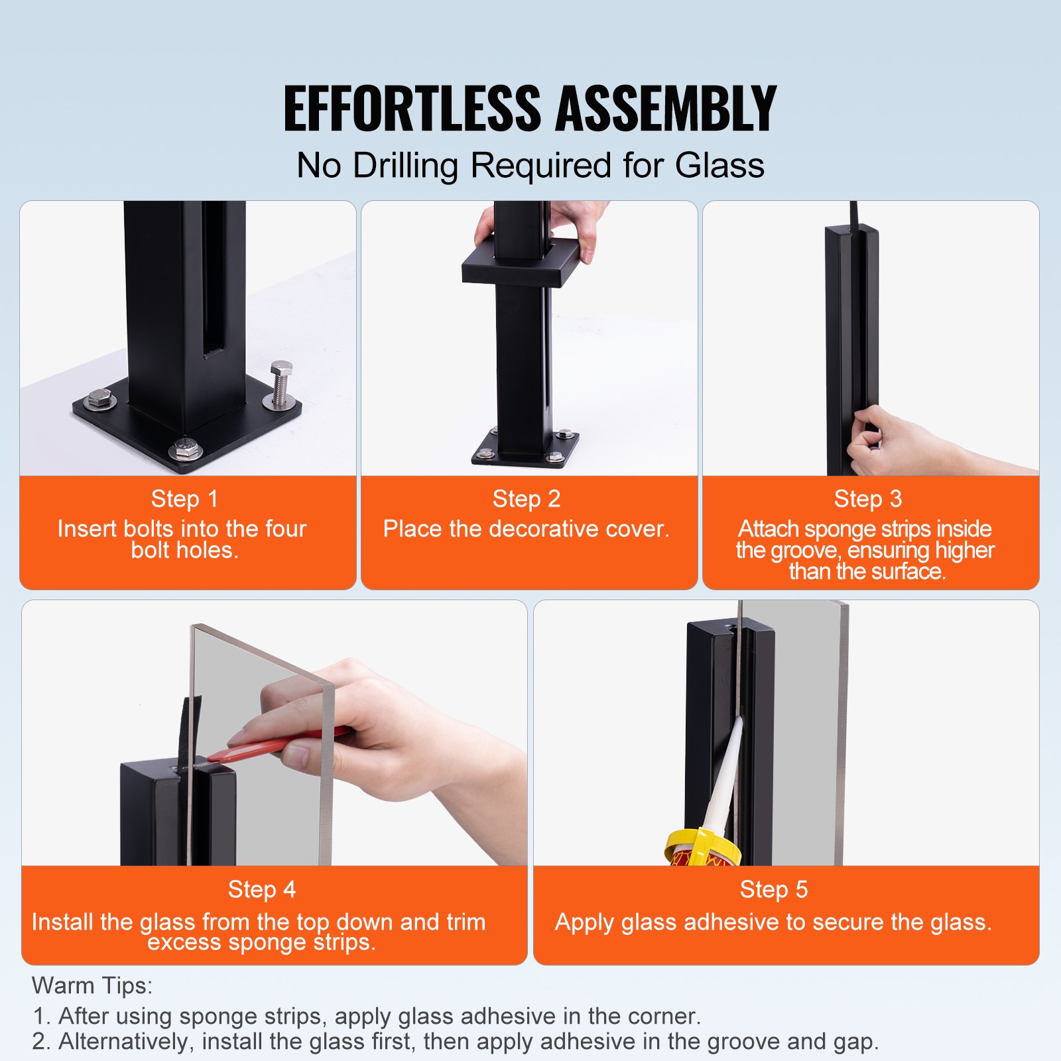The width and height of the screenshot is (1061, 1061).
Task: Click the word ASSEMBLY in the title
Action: pos(666,108)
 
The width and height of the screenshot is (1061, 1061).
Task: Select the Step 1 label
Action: pos(184,499)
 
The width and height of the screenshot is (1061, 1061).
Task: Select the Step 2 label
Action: pos(527,499)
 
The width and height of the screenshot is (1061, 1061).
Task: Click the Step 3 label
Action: pos(868,499)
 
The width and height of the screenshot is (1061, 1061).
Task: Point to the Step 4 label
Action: pos(262,889)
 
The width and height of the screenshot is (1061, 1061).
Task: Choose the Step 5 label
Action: pos(774,889)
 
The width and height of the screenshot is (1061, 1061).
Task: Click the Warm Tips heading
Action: pos(92,985)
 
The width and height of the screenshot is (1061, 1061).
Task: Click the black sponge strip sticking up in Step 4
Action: pos(188,729)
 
